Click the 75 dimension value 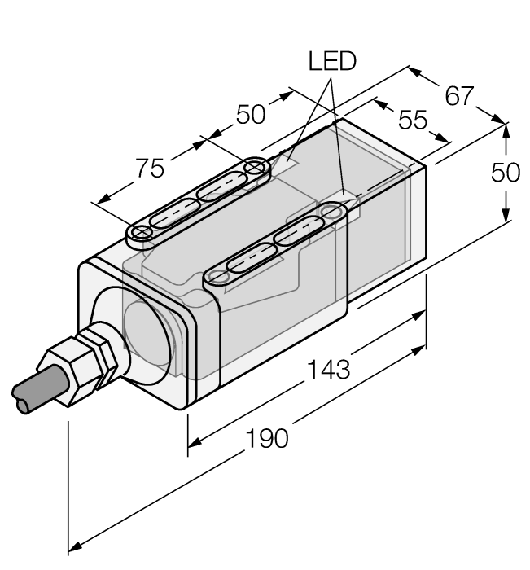point(150,169)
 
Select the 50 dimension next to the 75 point(251,115)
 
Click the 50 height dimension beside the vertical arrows point(506,173)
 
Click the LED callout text point(331,62)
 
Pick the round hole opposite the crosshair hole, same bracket point(256,169)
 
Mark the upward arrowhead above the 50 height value point(506,129)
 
